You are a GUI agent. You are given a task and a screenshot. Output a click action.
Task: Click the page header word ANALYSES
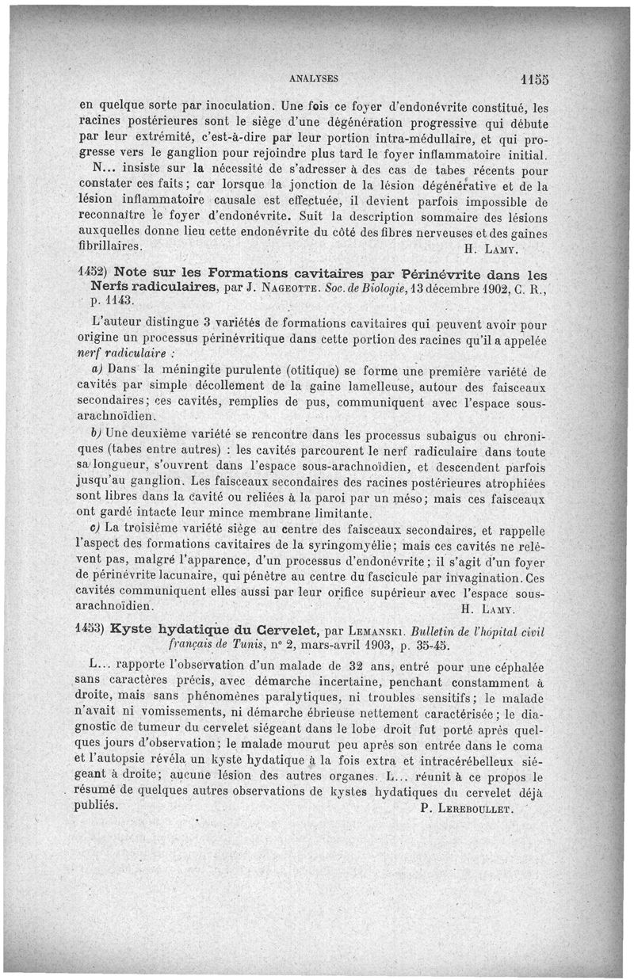[314, 78]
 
